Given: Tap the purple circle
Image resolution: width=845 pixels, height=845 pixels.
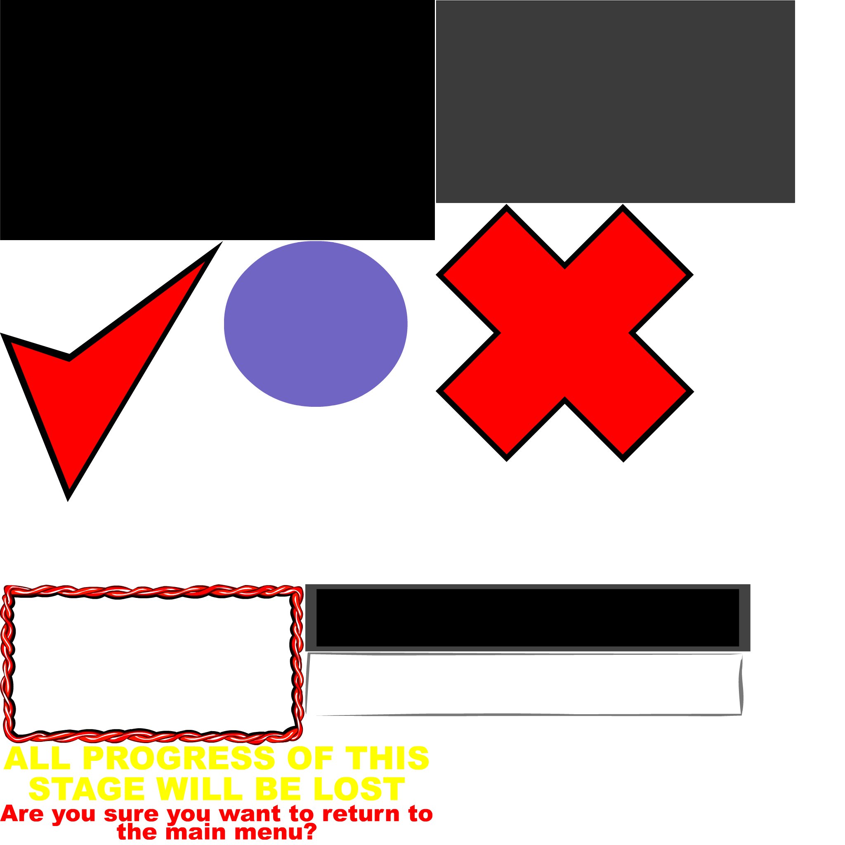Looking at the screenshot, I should click(315, 323).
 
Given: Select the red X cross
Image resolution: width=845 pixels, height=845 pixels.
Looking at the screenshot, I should click(564, 333).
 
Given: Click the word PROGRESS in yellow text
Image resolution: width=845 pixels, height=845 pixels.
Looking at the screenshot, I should click(179, 758).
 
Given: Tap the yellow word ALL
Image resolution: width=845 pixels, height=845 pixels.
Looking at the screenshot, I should click(37, 758).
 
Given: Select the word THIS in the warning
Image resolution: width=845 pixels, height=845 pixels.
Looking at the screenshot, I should click(387, 758).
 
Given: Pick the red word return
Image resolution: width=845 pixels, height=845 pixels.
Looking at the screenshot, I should click(361, 814).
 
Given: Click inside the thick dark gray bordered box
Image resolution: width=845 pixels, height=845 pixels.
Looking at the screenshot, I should click(527, 617).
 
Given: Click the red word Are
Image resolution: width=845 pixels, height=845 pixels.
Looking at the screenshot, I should click(22, 814).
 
